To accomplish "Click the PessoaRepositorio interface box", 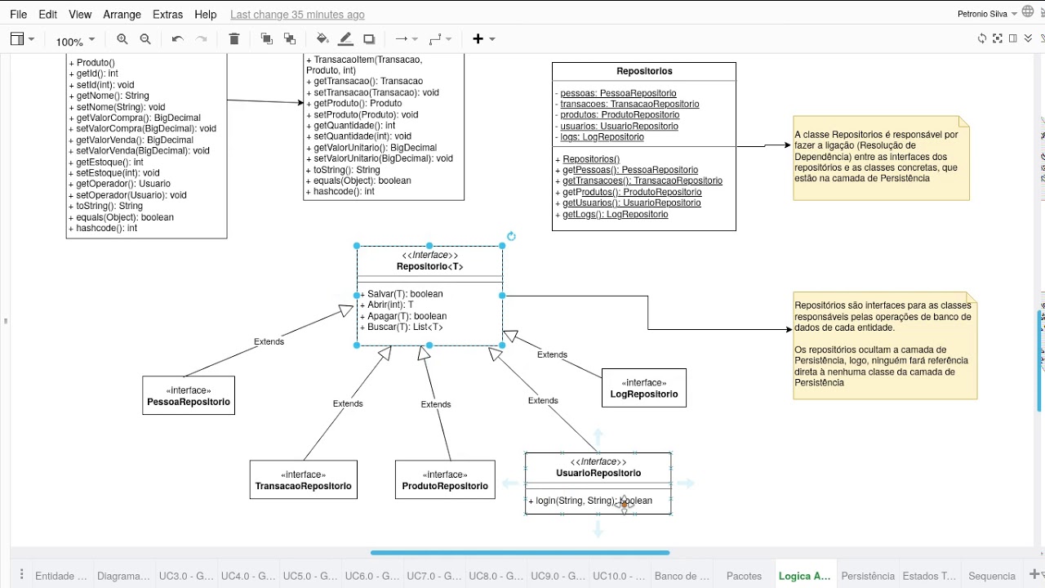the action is (189, 395).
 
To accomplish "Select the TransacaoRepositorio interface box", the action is (303, 479).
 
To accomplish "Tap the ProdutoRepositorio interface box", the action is (445, 479).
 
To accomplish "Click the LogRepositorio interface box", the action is (644, 388).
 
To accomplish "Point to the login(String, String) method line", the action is (590, 501).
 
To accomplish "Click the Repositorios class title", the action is (644, 71).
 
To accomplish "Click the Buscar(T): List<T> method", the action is (402, 327).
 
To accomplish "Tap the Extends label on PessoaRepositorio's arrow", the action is (269, 341).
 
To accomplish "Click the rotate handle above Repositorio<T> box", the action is (511, 236).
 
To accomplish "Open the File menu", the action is (18, 15).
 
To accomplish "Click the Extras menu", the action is (167, 15).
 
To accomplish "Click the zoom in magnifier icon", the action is (122, 39).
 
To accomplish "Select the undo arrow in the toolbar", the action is (177, 39).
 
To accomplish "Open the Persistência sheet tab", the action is (868, 576).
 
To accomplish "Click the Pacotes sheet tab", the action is (744, 576).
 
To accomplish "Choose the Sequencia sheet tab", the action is (992, 576).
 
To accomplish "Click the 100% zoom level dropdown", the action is (75, 42).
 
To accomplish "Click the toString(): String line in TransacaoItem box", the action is (344, 170).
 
